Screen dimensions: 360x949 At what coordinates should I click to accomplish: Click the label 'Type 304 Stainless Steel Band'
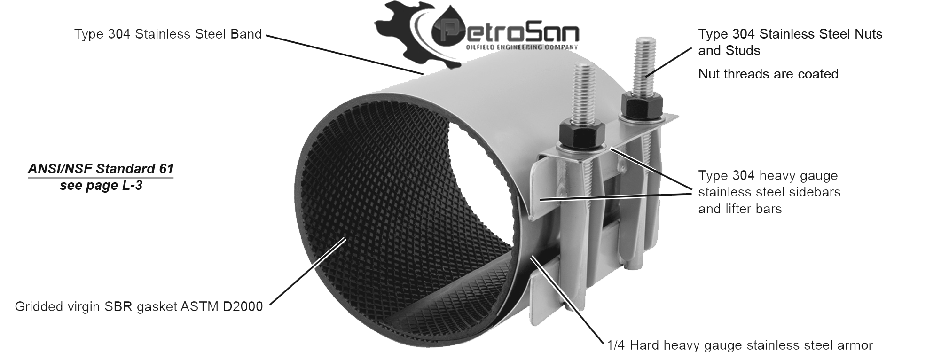coord(168,34)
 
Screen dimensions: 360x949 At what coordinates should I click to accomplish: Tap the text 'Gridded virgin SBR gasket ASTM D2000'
coord(139,307)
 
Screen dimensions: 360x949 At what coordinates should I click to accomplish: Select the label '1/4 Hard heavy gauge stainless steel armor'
coord(739,345)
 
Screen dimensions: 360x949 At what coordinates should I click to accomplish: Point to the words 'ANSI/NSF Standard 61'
coord(101,169)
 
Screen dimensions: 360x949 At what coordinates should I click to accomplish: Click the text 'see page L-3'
coord(101,186)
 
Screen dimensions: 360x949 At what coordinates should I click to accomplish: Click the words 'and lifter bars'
coord(740,209)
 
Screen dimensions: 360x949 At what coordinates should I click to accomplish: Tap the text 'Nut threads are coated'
coord(768,74)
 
